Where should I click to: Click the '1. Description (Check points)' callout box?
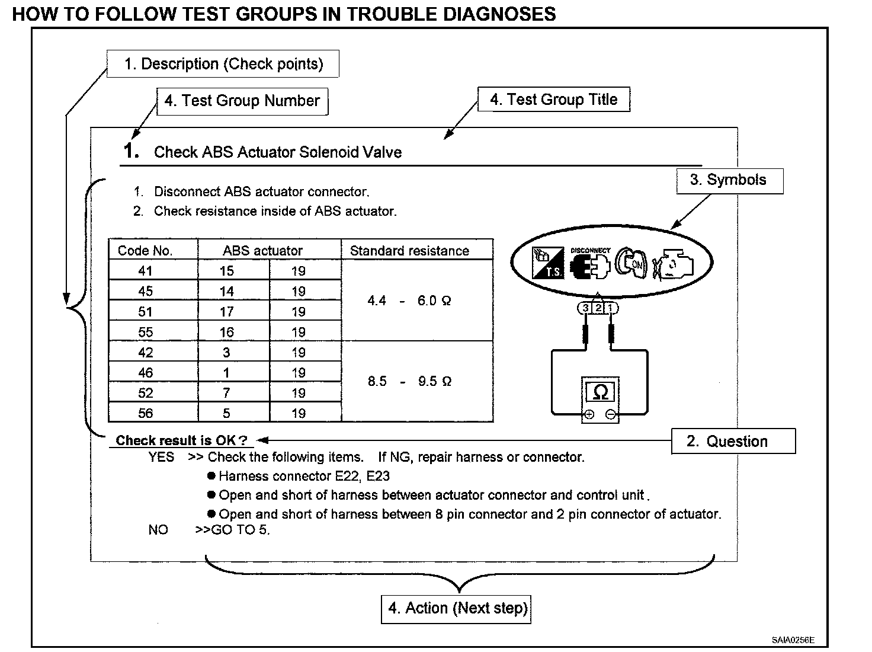pyautogui.click(x=223, y=64)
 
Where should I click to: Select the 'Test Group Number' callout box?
pyautogui.click(x=242, y=101)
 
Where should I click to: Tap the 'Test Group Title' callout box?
pyautogui.click(x=553, y=100)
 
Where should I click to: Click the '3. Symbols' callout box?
pyautogui.click(x=729, y=181)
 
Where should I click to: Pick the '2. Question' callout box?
pyautogui.click(x=733, y=442)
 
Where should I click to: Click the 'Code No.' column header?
pyautogui.click(x=146, y=251)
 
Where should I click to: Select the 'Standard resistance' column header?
pyautogui.click(x=409, y=251)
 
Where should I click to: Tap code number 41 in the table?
pyautogui.click(x=146, y=271)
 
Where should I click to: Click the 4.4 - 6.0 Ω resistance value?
pyautogui.click(x=409, y=301)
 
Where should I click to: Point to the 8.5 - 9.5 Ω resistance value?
pyautogui.click(x=409, y=381)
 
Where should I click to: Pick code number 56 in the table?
pyautogui.click(x=146, y=413)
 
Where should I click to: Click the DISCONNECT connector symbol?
pyautogui.click(x=590, y=264)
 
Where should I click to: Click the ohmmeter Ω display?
pyautogui.click(x=599, y=392)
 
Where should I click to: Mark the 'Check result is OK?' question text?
pyautogui.click(x=181, y=440)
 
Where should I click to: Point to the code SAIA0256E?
pyautogui.click(x=793, y=640)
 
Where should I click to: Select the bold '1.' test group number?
pyautogui.click(x=132, y=151)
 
